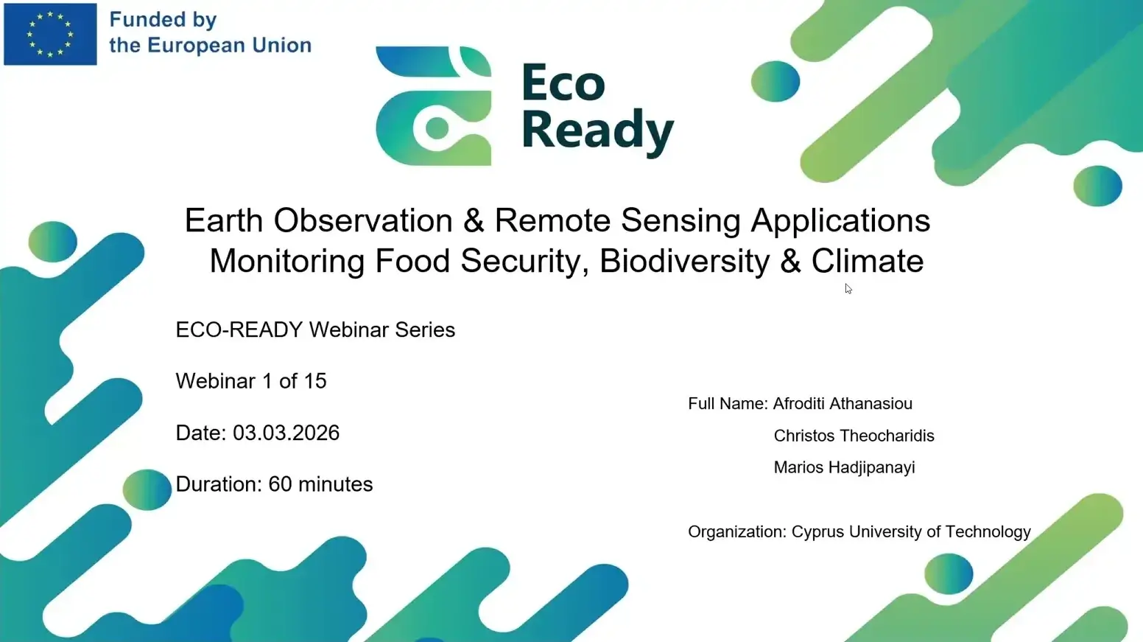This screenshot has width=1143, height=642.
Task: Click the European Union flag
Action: coord(50,34)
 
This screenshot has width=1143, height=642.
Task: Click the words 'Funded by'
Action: coord(163,20)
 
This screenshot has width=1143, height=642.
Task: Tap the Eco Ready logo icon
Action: coord(433,106)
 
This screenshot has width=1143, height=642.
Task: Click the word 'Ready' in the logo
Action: coord(597,130)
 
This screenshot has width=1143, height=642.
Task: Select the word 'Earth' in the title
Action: coord(223,220)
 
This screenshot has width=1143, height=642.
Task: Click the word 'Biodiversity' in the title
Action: coord(684,261)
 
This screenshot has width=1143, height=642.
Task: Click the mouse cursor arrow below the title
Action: coord(848,289)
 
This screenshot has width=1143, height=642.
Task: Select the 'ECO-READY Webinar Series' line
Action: coord(315,329)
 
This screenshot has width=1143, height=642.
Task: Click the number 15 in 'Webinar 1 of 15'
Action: coord(314,381)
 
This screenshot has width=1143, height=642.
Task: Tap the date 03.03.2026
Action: coord(286,433)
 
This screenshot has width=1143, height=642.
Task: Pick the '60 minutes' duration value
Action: coord(320,484)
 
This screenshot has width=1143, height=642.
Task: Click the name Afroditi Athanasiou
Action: coord(843,404)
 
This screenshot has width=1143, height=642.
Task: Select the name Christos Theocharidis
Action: coord(854,436)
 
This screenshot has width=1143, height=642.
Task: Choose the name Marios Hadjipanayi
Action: coord(844,467)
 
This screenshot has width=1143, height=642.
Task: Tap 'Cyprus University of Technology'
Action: coord(911,532)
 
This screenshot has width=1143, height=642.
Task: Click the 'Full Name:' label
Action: coord(728,404)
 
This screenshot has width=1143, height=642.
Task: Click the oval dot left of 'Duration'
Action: coord(147,489)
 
